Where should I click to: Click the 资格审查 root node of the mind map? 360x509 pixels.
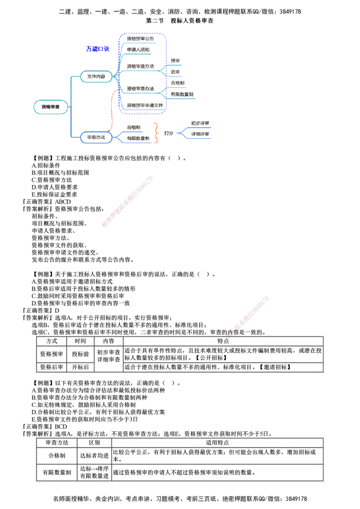(x=51, y=107)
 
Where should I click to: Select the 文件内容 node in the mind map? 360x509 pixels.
(x=96, y=76)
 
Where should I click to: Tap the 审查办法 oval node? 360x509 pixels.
(x=96, y=137)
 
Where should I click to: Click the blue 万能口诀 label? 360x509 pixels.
(x=98, y=49)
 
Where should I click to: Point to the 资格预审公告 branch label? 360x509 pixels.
(x=140, y=39)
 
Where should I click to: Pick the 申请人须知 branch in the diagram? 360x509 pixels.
(x=138, y=49)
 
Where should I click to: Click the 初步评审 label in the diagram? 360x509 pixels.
(x=200, y=123)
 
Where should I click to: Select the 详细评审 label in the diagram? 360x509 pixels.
(x=200, y=134)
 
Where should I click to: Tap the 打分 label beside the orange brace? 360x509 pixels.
(x=169, y=133)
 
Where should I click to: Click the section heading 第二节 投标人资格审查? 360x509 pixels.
(x=180, y=21)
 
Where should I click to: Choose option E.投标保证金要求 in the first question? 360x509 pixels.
(x=54, y=194)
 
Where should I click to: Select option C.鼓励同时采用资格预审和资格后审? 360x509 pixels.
(x=78, y=296)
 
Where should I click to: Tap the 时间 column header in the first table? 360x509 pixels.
(x=80, y=341)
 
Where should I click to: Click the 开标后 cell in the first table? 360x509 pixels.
(x=80, y=367)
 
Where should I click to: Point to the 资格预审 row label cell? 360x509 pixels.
(x=51, y=354)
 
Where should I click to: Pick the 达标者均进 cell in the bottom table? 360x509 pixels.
(x=94, y=456)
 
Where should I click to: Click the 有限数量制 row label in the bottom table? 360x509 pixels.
(x=57, y=472)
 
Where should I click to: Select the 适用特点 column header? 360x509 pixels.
(x=217, y=443)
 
